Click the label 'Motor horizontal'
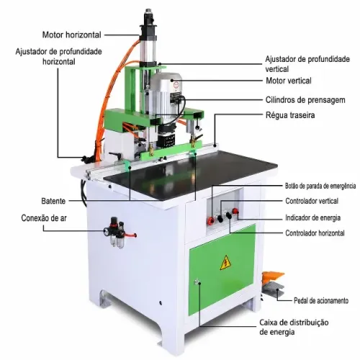72,35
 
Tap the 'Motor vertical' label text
289,81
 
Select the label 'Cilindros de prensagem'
305,100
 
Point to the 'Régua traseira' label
290,115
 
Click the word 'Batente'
53,201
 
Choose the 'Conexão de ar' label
44,218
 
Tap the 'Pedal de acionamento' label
321,300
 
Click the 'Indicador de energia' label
313,218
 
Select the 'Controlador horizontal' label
315,233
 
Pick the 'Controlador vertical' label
312,201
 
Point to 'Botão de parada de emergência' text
320,186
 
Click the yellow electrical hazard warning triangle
225,264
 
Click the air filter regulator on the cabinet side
117,232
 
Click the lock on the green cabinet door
197,282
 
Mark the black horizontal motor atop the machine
149,24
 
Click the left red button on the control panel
211,220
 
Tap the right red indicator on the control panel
235,211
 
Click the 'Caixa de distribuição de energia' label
294,327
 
